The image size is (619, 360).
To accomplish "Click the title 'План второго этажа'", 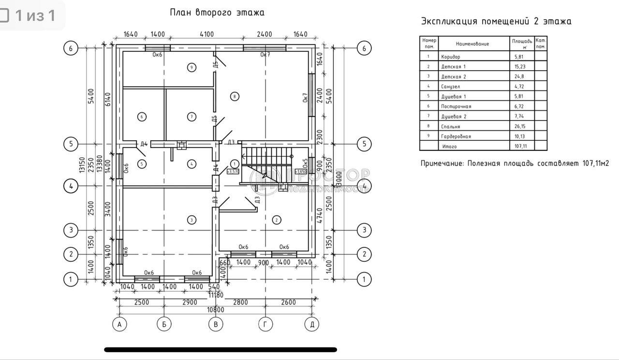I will [217, 13].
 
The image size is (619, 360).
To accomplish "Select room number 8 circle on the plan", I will [235, 96].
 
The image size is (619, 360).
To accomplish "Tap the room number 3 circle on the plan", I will [192, 220].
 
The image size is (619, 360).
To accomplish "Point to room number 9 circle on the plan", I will [192, 67].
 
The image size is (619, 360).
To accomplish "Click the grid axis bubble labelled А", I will [119, 324].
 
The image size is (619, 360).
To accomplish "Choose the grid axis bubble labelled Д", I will [312, 324].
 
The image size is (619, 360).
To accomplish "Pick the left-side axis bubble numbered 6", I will [71, 48].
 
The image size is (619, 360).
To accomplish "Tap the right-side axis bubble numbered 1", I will [364, 279].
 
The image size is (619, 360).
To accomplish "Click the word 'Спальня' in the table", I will [450, 126].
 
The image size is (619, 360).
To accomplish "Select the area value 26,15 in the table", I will [521, 126].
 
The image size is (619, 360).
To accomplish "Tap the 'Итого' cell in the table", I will [449, 146].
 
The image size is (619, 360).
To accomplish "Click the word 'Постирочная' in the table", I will [456, 106].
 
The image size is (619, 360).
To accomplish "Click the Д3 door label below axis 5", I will [231, 142].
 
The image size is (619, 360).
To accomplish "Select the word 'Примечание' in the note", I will [442, 164].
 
